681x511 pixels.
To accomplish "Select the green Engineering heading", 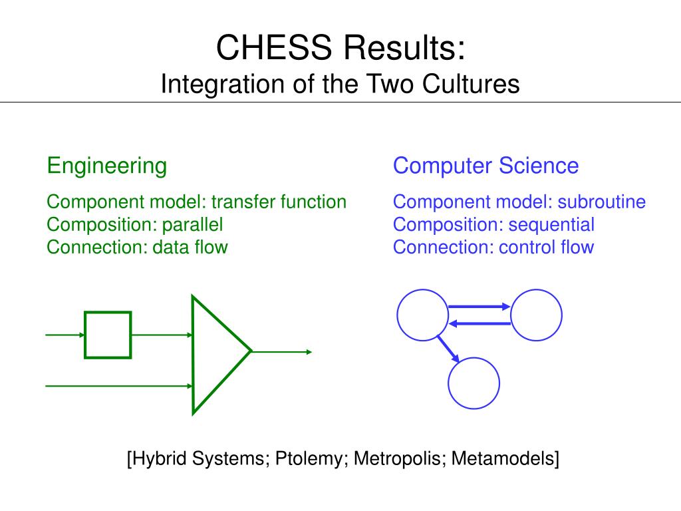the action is tap(106, 165).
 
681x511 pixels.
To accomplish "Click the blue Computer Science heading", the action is tap(485, 165).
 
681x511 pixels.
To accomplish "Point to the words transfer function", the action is tap(279, 202).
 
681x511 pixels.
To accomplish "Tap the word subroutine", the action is tap(601, 202).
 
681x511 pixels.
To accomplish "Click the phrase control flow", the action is tap(546, 247).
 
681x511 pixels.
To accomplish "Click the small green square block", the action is tap(108, 335).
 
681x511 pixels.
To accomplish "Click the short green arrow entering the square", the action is tap(65, 335).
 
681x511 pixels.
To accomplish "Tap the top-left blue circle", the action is tap(423, 315).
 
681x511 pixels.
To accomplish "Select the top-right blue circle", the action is tap(536, 315).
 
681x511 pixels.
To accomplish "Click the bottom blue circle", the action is tap(474, 383).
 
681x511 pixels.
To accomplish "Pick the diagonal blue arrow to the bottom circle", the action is tap(450, 348).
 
